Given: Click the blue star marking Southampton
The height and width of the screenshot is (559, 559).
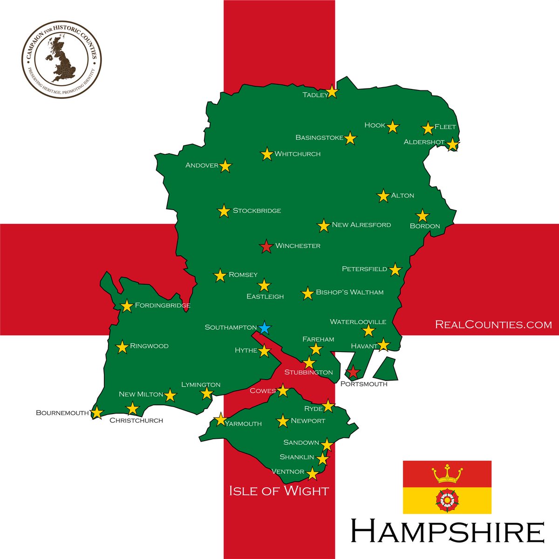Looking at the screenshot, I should (264, 328).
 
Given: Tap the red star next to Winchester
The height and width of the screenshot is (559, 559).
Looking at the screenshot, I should (266, 246).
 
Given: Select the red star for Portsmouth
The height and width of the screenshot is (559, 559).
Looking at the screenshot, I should (353, 372).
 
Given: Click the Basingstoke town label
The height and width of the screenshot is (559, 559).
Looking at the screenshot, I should (319, 138).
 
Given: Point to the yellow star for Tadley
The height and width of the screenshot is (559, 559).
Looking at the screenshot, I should (332, 92).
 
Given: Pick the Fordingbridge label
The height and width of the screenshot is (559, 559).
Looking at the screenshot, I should (163, 306).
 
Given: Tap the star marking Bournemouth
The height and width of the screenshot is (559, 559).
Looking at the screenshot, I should (96, 413).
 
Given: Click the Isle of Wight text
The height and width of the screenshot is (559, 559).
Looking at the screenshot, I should (279, 491).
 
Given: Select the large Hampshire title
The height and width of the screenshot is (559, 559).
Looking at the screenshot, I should (447, 531).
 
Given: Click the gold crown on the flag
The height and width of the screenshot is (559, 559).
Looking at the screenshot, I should (447, 474).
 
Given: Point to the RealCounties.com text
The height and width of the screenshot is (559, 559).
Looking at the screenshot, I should (493, 324).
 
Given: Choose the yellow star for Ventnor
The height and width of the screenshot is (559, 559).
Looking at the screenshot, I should (312, 474).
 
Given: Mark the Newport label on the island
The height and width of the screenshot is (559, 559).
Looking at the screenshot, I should (308, 421).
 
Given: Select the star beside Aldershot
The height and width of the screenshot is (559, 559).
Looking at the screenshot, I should (453, 144).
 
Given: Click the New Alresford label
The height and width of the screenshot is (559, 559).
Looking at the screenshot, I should (361, 225).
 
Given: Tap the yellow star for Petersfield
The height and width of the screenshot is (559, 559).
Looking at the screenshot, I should (395, 270).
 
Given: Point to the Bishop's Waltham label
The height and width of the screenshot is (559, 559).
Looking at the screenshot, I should (349, 292).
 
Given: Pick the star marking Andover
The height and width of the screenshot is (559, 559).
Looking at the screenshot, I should (225, 166).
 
